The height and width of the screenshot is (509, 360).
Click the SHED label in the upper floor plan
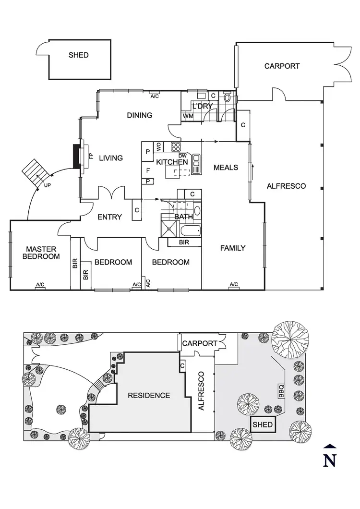[x=78, y=55]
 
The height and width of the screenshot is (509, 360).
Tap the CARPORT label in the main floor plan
[x=282, y=66]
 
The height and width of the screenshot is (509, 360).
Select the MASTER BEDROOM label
[x=41, y=253]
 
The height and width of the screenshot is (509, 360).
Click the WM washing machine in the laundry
[x=187, y=116]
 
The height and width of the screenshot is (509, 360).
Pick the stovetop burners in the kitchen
[x=176, y=147]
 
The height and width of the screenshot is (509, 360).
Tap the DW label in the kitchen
[x=182, y=155]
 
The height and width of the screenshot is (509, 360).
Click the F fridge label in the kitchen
[x=148, y=170]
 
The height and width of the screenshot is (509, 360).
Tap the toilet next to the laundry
[x=227, y=97]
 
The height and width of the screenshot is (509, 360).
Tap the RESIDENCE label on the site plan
[x=148, y=395]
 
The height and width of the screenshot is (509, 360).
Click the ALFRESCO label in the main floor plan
[x=286, y=186]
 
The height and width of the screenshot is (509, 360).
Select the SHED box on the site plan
[x=263, y=424]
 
